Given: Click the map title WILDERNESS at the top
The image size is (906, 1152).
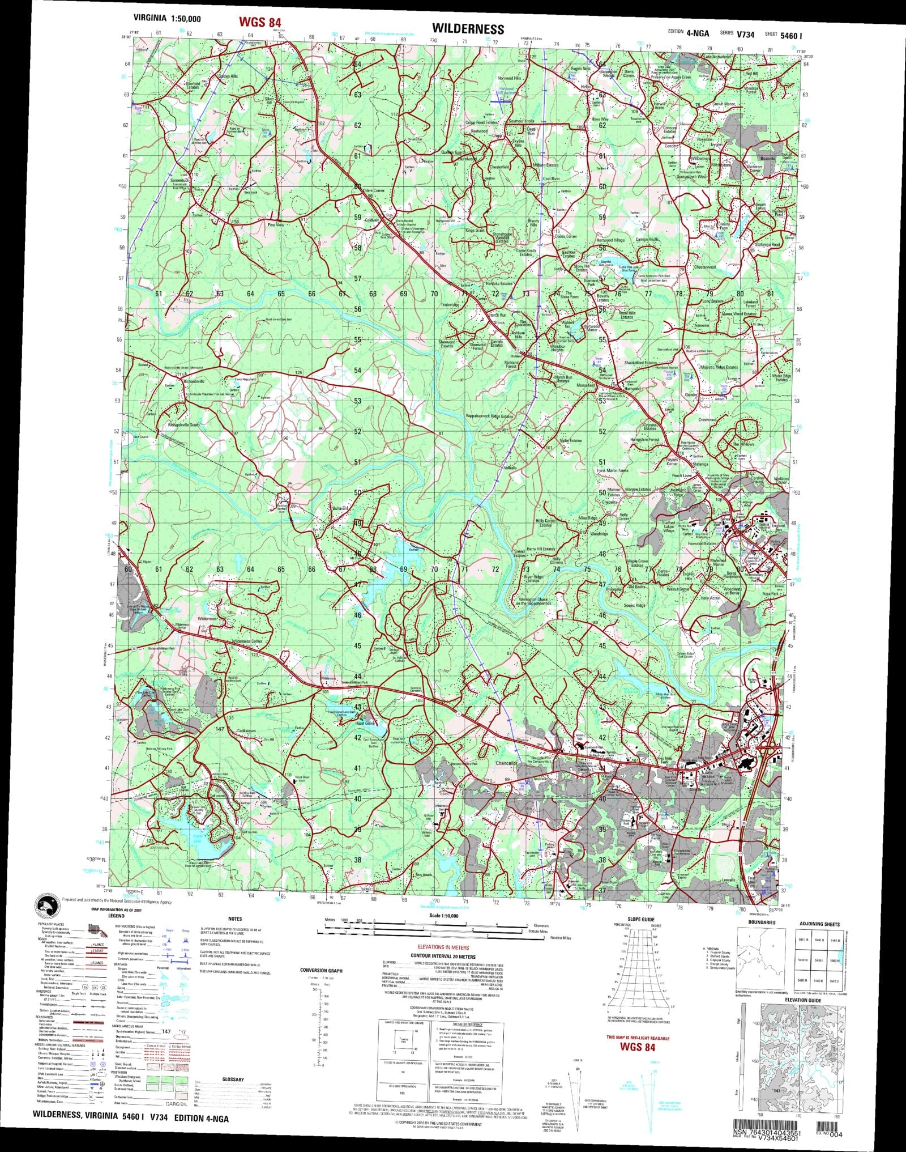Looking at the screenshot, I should tap(468, 28).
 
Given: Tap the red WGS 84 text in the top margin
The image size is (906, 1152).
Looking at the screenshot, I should tap(260, 22).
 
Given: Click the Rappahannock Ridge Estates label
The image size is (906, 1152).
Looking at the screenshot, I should tap(489, 416).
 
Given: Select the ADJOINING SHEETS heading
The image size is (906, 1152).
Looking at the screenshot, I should tap(819, 924).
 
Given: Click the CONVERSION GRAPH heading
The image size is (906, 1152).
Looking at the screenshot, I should tap(321, 971).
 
